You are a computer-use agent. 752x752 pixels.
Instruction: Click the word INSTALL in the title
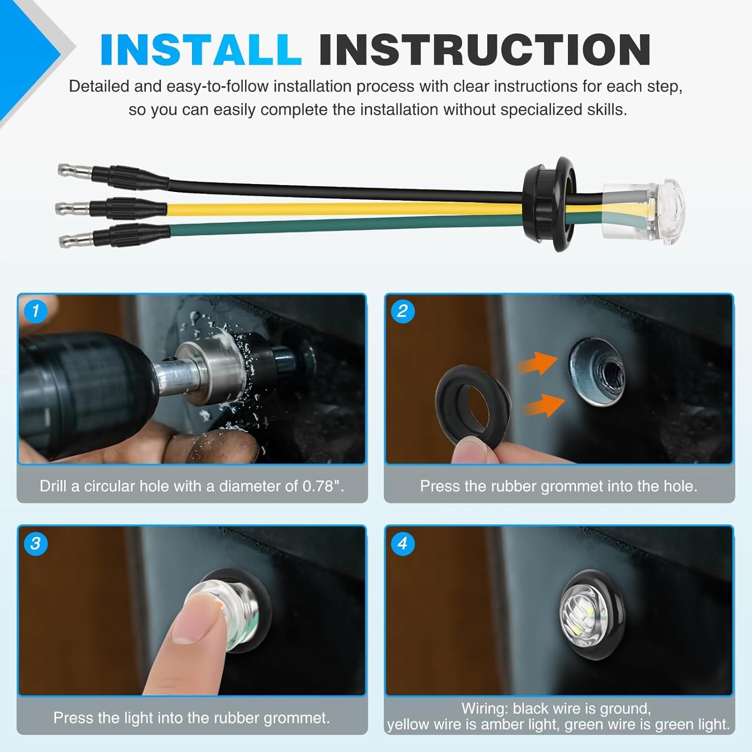[x=201, y=50]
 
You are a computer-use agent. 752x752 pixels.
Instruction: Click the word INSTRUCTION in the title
[x=485, y=50]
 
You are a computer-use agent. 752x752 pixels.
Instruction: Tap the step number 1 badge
[x=35, y=311]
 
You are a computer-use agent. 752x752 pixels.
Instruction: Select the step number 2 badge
[x=402, y=311]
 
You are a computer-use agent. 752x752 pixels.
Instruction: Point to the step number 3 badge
[x=35, y=543]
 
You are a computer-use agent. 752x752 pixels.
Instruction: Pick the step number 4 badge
[x=402, y=543]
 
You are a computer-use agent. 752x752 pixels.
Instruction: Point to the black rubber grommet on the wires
[x=550, y=204]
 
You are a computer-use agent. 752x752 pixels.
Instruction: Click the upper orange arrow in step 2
[x=537, y=363]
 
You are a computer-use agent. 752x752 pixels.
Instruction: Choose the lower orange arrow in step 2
[x=544, y=404]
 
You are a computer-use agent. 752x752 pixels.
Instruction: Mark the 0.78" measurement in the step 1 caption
[x=323, y=486]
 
